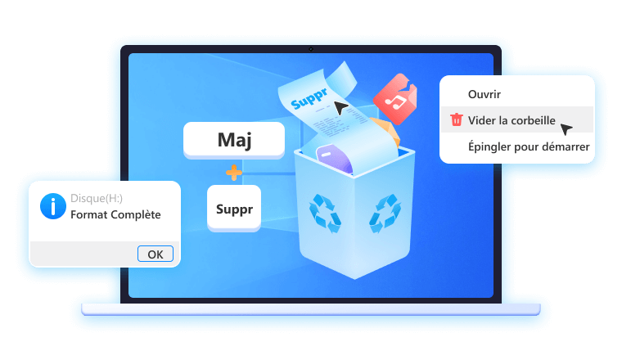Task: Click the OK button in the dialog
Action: tap(155, 254)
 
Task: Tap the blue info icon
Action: tap(53, 206)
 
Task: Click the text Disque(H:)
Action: tap(97, 198)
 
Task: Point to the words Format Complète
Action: tap(115, 214)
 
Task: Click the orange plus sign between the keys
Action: tap(234, 173)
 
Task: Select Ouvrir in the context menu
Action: tap(484, 94)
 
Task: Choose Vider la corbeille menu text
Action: tap(512, 120)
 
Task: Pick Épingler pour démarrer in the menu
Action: tap(529, 146)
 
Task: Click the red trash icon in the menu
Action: tap(457, 119)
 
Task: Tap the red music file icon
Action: tap(395, 98)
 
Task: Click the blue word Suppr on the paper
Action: tap(309, 99)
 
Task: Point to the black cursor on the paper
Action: tap(340, 107)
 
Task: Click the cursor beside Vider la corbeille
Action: tap(566, 128)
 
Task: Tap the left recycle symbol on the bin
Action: tap(324, 213)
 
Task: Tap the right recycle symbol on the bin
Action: tap(385, 213)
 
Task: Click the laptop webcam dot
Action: tap(311, 49)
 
